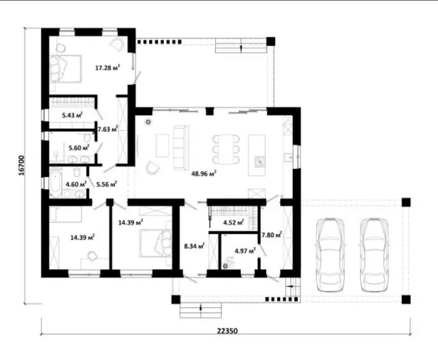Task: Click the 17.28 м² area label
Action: [x=107, y=67]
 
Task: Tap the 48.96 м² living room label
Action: [x=204, y=174]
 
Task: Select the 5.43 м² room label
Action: [x=72, y=115]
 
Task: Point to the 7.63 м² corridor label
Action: [x=107, y=129]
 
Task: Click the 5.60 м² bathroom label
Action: [x=79, y=147]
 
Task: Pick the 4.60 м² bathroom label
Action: [x=76, y=184]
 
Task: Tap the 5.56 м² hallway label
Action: [x=106, y=184]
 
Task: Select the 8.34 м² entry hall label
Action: [x=194, y=246]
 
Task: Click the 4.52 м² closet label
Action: [x=234, y=223]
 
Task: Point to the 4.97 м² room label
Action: [x=245, y=251]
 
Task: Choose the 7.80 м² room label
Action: [x=271, y=235]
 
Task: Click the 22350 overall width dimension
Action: [x=228, y=331]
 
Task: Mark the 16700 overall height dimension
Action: [x=22, y=166]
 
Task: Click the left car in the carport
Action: [x=330, y=255]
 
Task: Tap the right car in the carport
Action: [x=373, y=255]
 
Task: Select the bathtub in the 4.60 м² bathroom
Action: [x=56, y=182]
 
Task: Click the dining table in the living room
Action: [x=226, y=149]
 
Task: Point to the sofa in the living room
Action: [x=181, y=147]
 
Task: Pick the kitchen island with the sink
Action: [x=257, y=155]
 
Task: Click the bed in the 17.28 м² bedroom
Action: [x=66, y=69]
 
